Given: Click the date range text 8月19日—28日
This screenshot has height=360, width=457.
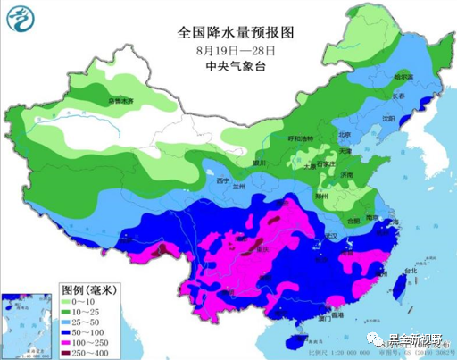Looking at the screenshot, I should (x=236, y=50).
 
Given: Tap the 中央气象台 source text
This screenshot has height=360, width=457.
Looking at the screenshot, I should (x=236, y=67).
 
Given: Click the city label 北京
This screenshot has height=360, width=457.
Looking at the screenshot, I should (x=345, y=135).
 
